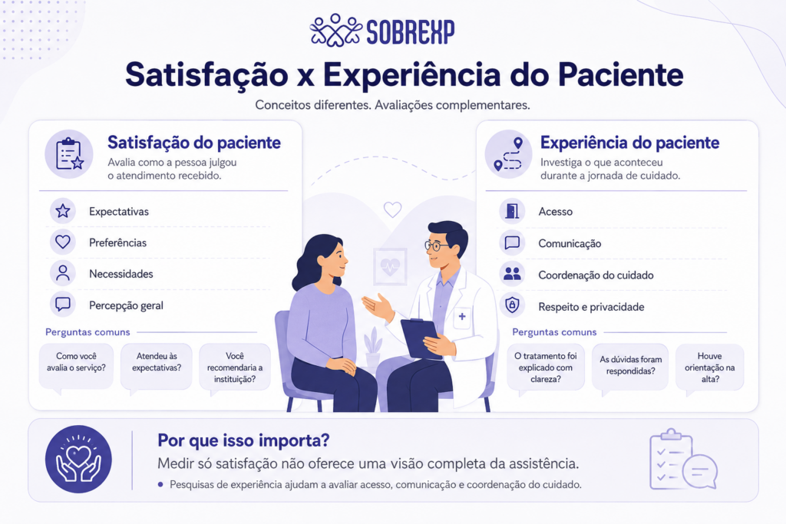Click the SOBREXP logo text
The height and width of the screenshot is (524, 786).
[x=410, y=32]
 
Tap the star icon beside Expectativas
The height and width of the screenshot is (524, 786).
[x=63, y=211]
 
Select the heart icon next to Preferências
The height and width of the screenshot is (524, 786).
[x=63, y=242]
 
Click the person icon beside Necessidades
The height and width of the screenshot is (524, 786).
[x=63, y=273]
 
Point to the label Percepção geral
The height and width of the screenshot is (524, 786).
[x=127, y=305]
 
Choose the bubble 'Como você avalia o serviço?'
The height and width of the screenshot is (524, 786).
[x=76, y=367]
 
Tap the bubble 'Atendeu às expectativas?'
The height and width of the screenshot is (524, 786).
[x=157, y=367]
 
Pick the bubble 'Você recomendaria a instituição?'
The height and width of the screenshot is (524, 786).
[x=235, y=367]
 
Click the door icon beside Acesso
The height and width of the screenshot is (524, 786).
[x=512, y=211]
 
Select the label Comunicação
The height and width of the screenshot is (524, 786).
[x=570, y=243]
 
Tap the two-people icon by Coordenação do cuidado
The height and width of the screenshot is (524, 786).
[x=512, y=274]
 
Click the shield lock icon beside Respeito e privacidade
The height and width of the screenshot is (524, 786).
[x=512, y=305]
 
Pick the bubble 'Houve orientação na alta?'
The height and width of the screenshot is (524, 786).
[x=709, y=367]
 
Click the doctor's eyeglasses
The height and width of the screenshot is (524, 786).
[x=437, y=246]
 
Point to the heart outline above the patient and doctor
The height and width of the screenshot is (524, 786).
[x=392, y=209]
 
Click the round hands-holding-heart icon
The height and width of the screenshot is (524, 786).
[x=79, y=460]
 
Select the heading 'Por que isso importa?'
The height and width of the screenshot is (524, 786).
[x=243, y=440]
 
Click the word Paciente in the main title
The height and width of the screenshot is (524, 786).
[x=620, y=74]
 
